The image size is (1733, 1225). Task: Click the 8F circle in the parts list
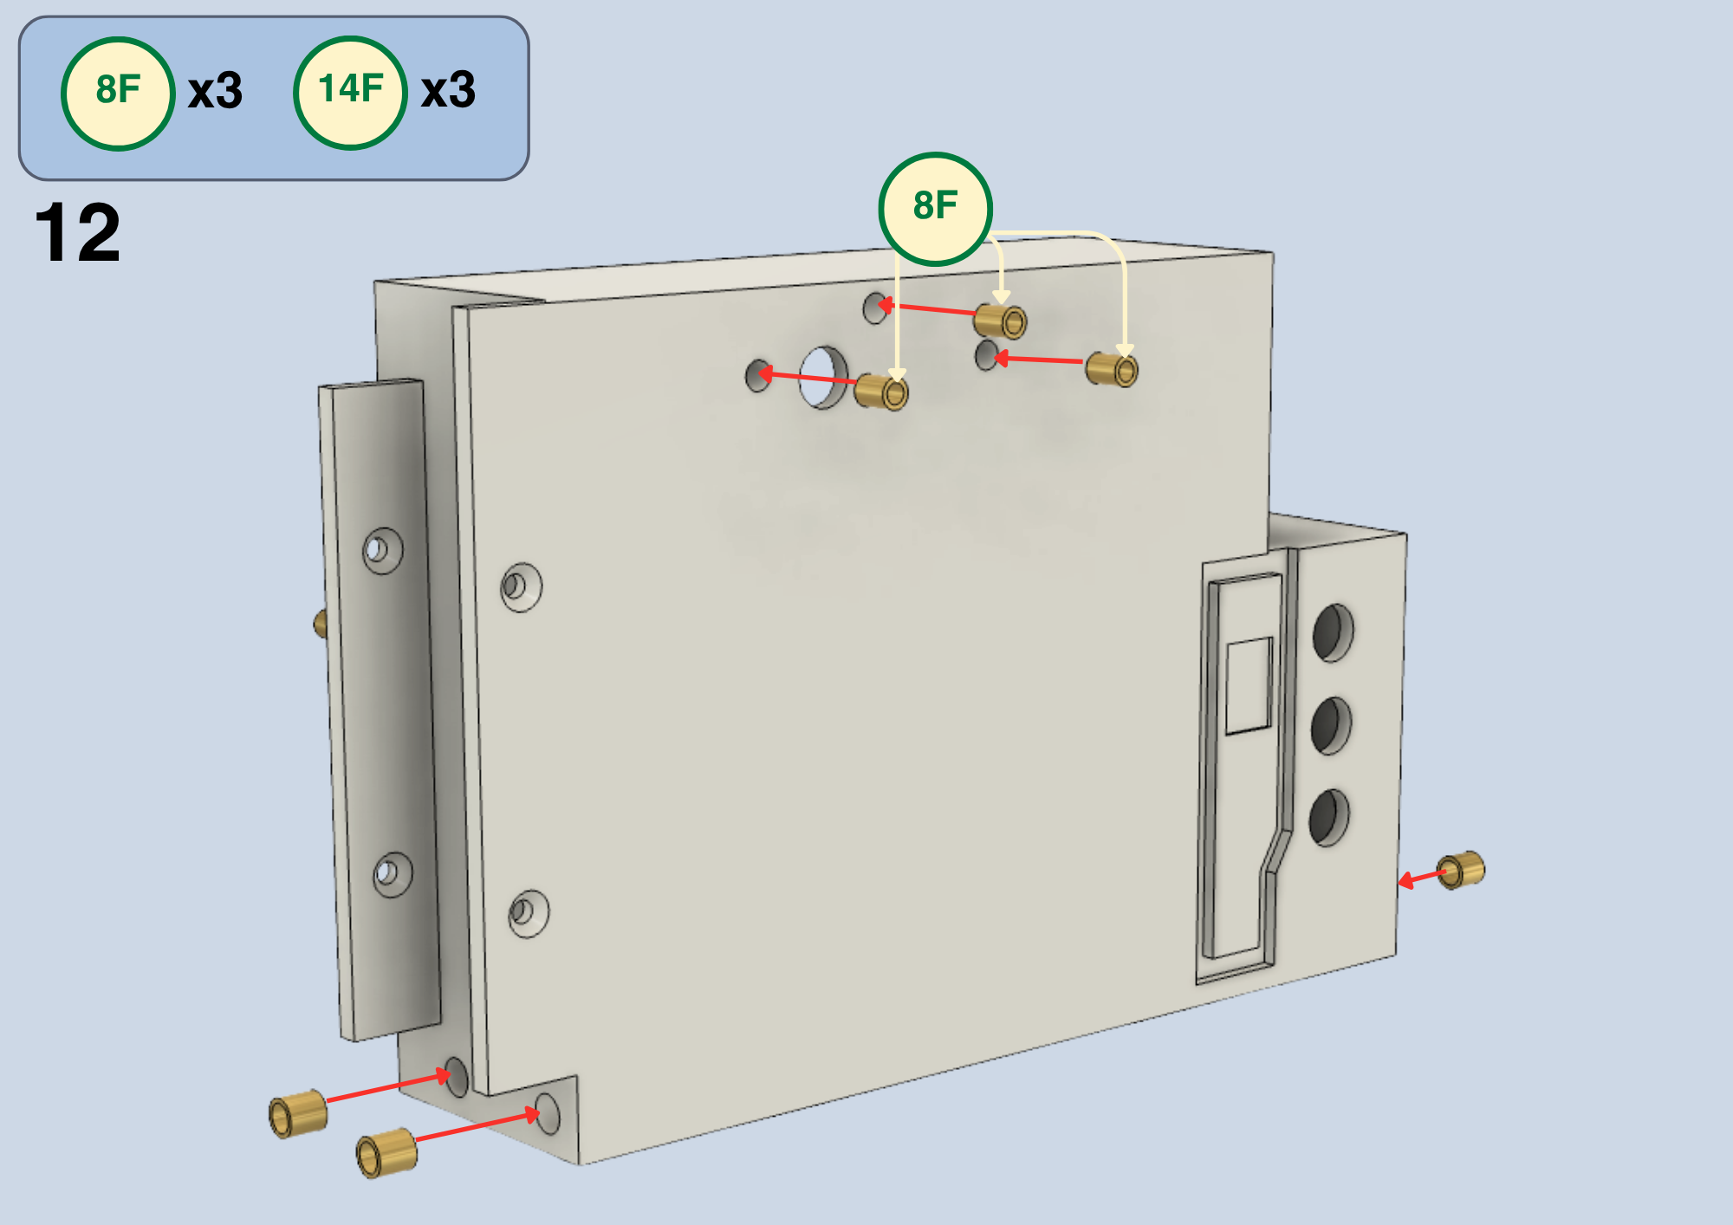click(118, 94)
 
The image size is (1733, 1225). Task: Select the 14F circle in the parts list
click(350, 93)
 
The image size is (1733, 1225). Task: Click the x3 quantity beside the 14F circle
click(448, 90)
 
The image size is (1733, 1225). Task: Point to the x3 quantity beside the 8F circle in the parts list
click(216, 91)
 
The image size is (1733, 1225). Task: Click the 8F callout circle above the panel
click(936, 209)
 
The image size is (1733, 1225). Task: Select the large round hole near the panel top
click(823, 378)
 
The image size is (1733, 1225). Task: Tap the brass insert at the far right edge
click(1461, 870)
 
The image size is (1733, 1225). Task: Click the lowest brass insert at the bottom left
click(386, 1152)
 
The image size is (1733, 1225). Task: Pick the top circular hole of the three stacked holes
click(1333, 632)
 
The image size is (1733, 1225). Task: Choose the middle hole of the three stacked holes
click(1331, 725)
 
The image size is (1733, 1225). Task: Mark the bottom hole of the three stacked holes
click(1329, 817)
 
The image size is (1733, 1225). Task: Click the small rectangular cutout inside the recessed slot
click(1249, 686)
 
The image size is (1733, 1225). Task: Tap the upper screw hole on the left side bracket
click(382, 550)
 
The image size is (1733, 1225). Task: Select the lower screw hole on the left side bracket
click(393, 873)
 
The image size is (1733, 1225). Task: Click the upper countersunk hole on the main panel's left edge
click(521, 587)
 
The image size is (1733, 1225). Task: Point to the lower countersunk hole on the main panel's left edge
click(528, 913)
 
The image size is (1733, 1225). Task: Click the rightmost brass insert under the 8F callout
click(1112, 370)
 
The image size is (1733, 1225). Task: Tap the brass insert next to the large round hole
click(881, 392)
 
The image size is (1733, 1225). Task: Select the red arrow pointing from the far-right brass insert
click(1421, 879)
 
